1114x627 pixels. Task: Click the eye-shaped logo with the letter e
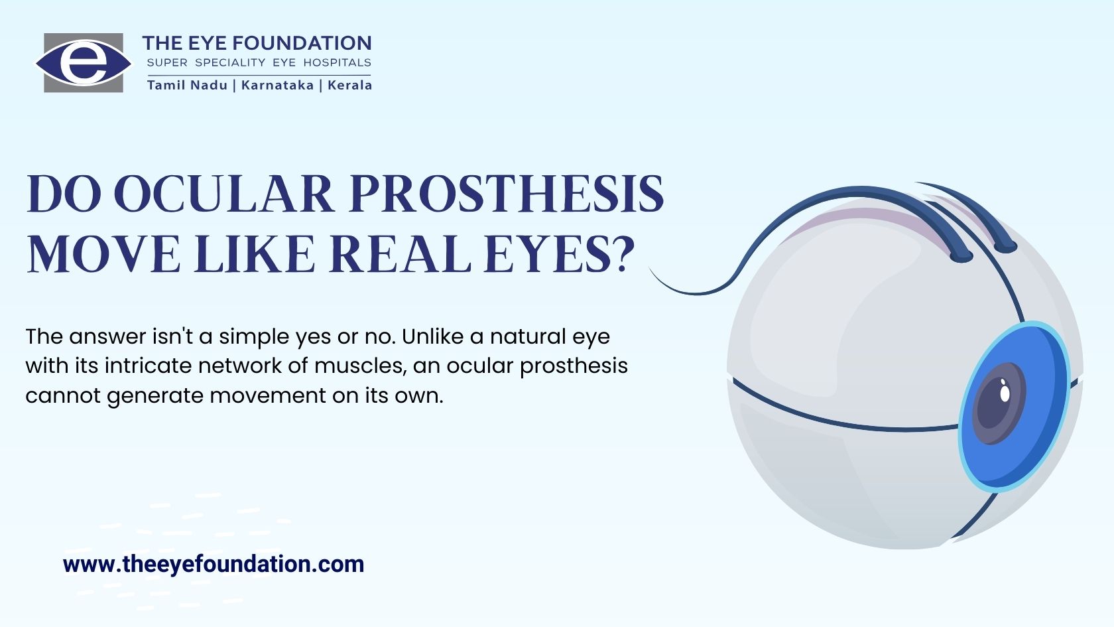84,62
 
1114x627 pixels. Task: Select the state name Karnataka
277,85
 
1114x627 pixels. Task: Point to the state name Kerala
349,85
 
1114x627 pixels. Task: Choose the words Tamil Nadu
188,85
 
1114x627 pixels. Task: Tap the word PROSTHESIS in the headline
507,194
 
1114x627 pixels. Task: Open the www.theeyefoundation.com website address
214,564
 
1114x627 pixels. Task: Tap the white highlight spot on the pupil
1005,393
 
